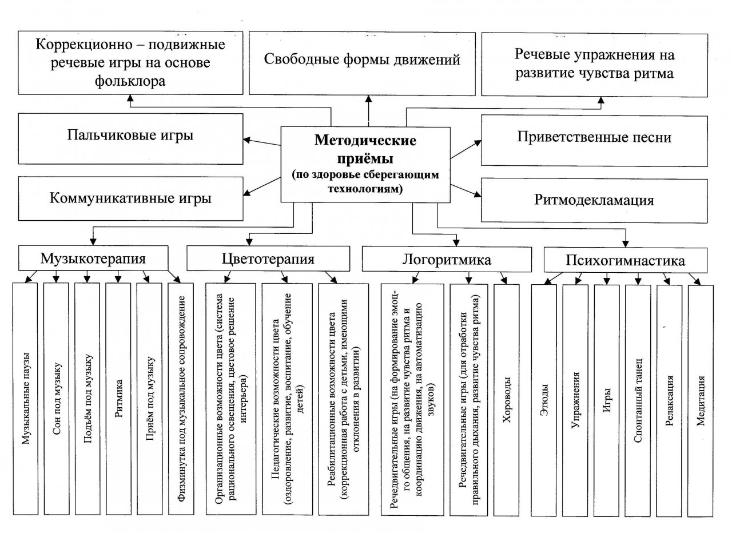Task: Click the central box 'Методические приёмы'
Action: click(x=365, y=165)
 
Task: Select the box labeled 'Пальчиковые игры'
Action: click(x=131, y=138)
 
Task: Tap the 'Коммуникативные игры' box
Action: click(x=131, y=198)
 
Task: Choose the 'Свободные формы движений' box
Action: click(x=362, y=63)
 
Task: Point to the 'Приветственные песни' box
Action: click(x=594, y=141)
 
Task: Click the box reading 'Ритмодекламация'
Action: click(x=594, y=201)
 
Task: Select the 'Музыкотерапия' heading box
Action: click(x=93, y=258)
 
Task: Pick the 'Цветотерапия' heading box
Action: click(x=268, y=259)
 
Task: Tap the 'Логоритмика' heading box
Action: click(x=447, y=260)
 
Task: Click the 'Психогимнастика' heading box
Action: click(x=626, y=260)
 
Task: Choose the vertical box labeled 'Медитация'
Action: click(x=701, y=401)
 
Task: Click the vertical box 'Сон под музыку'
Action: click(x=56, y=399)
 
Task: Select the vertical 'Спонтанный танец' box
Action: click(x=638, y=401)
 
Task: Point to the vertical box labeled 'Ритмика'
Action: click(x=118, y=399)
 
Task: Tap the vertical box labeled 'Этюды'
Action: click(x=544, y=400)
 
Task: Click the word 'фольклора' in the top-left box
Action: click(x=130, y=81)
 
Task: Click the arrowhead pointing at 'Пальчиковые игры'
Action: click(x=247, y=140)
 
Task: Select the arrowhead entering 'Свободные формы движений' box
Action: click(x=369, y=99)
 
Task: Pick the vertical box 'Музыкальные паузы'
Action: click(x=25, y=399)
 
